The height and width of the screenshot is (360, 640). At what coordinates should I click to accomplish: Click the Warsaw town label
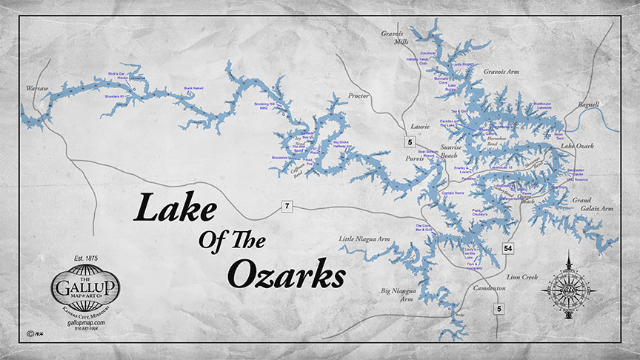(36, 88)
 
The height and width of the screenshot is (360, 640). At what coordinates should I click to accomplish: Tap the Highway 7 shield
(286, 206)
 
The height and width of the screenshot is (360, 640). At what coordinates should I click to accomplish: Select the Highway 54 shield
(508, 247)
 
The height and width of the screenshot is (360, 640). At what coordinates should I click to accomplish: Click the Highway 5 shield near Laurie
(410, 141)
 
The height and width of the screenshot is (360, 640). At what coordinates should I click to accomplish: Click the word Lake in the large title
(175, 207)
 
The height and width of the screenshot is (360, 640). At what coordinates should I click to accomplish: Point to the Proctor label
(359, 96)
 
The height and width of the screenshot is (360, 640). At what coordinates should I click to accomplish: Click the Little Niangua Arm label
(364, 239)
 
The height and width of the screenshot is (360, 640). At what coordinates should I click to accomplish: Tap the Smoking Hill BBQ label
(264, 107)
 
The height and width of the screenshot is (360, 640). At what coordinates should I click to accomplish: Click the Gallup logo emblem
(84, 288)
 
